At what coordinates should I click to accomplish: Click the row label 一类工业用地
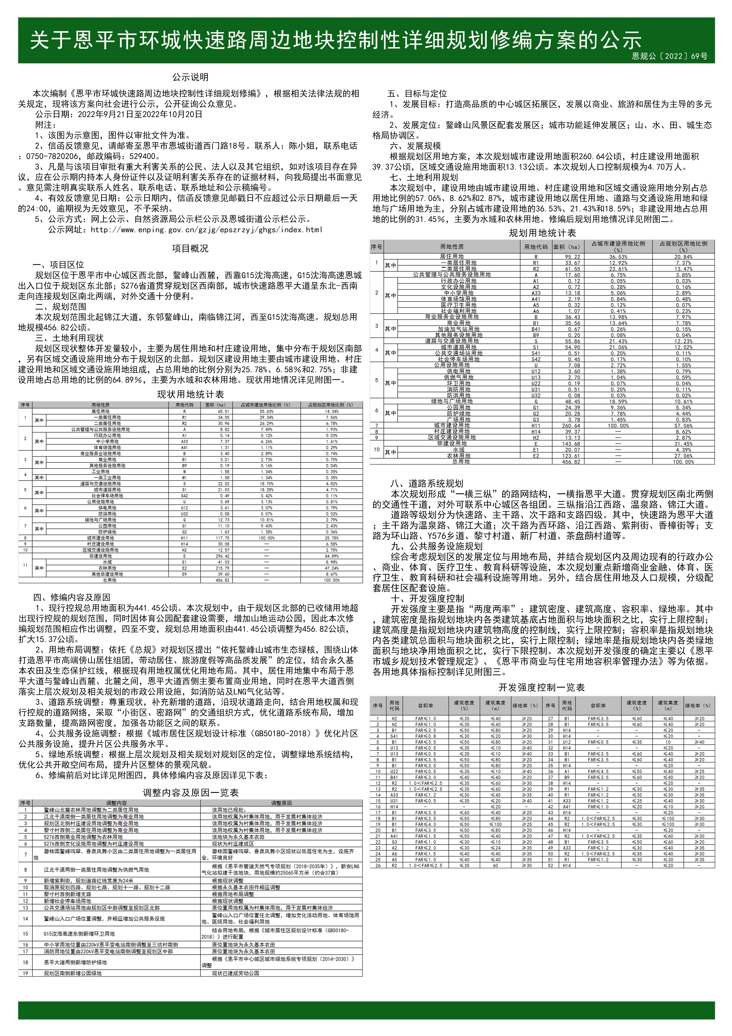click(100, 477)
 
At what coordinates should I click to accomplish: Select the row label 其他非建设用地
click(100, 574)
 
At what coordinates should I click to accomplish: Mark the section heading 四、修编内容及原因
click(72, 597)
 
